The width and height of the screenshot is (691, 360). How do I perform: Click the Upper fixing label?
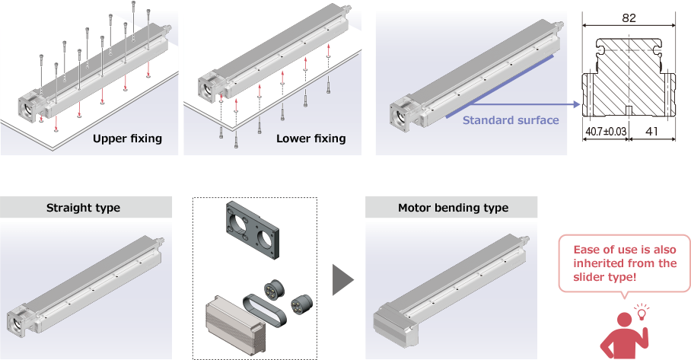click(x=127, y=139)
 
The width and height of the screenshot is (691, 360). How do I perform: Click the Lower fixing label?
click(x=310, y=139)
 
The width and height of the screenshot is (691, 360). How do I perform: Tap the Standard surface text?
click(x=511, y=120)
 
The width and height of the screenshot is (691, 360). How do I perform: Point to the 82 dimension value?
click(x=629, y=18)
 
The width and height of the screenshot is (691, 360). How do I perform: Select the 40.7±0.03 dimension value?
click(x=606, y=132)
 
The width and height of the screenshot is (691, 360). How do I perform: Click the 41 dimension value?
click(x=651, y=132)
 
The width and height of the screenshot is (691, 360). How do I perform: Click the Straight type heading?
click(x=83, y=208)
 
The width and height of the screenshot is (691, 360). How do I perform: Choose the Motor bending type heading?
click(x=453, y=208)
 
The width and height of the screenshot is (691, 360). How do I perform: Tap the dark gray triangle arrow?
click(x=343, y=280)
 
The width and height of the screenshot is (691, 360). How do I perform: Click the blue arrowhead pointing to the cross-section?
click(x=576, y=104)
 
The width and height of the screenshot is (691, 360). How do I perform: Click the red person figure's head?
click(x=625, y=320)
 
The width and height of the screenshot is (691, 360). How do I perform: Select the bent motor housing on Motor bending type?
click(x=394, y=325)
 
